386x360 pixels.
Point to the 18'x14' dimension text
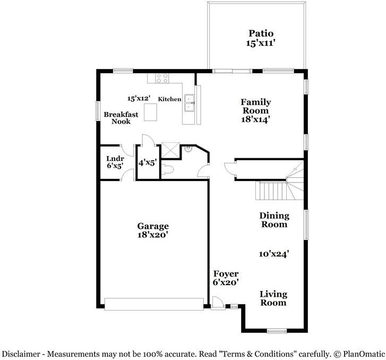click(x=256, y=120)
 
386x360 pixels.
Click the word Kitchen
click(x=169, y=99)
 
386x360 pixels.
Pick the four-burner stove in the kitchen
click(x=162, y=79)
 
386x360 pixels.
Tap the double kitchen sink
click(x=188, y=105)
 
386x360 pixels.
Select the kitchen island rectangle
click(x=151, y=113)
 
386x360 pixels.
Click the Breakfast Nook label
click(x=121, y=118)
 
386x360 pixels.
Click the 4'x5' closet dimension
click(x=147, y=163)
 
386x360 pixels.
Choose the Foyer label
click(x=226, y=274)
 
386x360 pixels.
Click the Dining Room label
click(x=274, y=220)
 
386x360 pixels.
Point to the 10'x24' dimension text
click(x=274, y=254)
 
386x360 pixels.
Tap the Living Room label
click(x=273, y=298)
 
